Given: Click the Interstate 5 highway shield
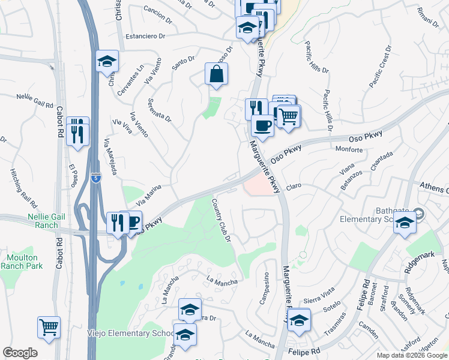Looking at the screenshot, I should pos(96,178).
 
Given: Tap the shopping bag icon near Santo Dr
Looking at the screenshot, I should pos(216,75).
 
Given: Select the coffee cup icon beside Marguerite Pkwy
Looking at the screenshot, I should pos(262,126).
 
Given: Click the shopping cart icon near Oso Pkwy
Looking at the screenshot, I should pos(288,116).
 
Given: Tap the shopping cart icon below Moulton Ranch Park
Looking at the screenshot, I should pos(49,328).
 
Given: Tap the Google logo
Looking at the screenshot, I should pos(20,353).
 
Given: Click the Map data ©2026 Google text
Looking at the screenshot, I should pos(411,355).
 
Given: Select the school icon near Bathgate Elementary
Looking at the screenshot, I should pos(405,224).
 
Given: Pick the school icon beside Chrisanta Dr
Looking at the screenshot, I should pos(107,61).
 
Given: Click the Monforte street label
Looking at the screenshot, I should pos(349,149).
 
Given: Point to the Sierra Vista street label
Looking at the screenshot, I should pos(319,292).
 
